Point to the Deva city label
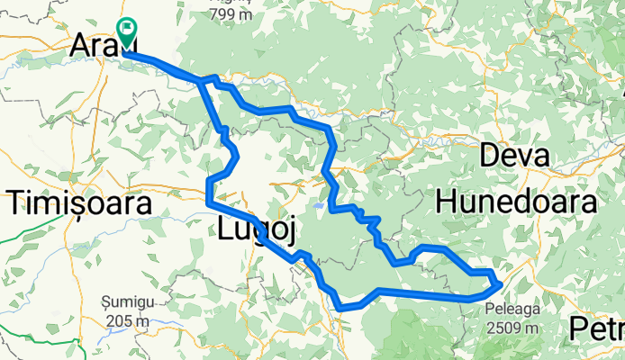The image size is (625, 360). pyautogui.click(x=515, y=156)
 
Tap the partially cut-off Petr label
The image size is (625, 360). pyautogui.click(x=599, y=329)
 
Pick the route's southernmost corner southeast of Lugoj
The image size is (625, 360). pyautogui.click(x=340, y=308)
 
